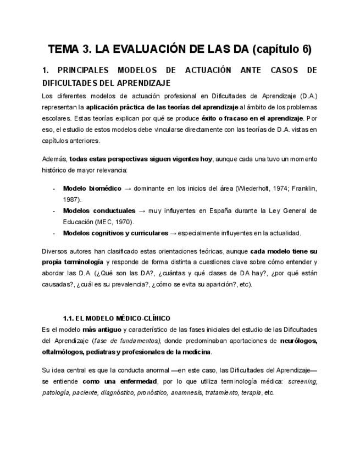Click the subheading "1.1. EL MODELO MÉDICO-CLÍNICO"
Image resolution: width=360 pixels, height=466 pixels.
tap(117, 318)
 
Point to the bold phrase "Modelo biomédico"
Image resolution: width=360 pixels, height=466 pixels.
tap(92, 188)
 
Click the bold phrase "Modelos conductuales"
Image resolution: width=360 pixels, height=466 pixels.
tap(99, 210)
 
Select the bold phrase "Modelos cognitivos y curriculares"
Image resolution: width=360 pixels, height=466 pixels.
tap(115, 232)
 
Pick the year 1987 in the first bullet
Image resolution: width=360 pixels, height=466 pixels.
tap(71, 199)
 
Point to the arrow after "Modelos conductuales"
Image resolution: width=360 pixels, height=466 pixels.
tap(142, 210)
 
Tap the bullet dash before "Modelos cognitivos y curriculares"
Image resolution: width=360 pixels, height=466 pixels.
tap(53, 232)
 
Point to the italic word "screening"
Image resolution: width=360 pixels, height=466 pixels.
tap(303, 381)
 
